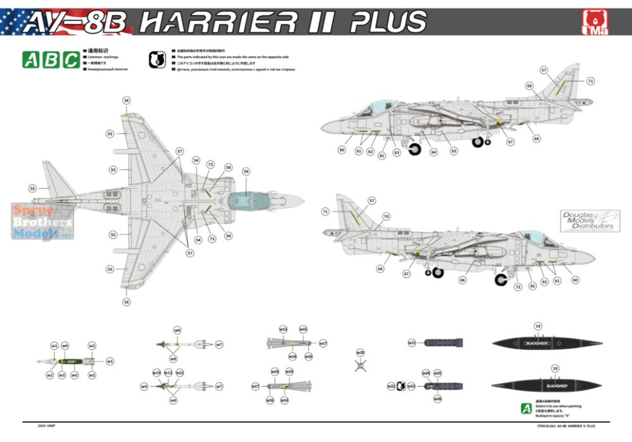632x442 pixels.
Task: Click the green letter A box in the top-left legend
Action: click(31, 60)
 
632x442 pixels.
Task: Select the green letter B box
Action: click(51, 60)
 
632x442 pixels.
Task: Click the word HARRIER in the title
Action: click(218, 22)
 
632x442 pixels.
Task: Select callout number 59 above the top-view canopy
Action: click(246, 171)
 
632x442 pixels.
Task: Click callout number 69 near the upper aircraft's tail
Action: click(530, 86)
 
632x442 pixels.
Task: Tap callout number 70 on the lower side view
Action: click(386, 216)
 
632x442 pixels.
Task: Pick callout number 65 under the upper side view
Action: click(453, 151)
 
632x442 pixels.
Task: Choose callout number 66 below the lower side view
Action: click(462, 280)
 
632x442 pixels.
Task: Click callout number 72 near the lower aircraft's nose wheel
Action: click(518, 287)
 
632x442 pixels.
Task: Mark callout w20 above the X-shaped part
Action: click(360, 353)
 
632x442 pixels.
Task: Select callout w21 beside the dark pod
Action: click(412, 342)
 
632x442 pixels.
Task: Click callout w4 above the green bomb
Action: click(65, 346)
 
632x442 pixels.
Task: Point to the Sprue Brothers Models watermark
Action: click(42, 221)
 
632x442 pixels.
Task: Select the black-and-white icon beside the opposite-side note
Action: click(158, 60)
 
